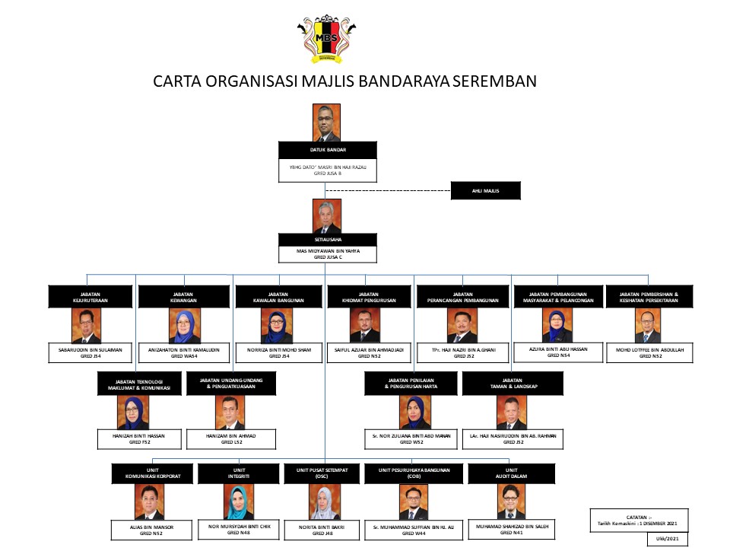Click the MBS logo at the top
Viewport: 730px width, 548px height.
click(327, 40)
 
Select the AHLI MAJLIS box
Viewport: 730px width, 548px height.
click(485, 190)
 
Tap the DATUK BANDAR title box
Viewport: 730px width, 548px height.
click(327, 150)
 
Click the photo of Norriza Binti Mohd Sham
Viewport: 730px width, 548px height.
click(279, 325)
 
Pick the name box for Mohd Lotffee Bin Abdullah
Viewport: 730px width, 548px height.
click(645, 352)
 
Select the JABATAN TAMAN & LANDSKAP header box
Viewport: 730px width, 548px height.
click(512, 384)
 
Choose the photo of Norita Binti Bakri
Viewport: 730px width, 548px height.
click(325, 502)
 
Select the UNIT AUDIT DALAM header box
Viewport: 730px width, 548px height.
click(512, 473)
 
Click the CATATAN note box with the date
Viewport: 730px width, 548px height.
click(638, 521)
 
